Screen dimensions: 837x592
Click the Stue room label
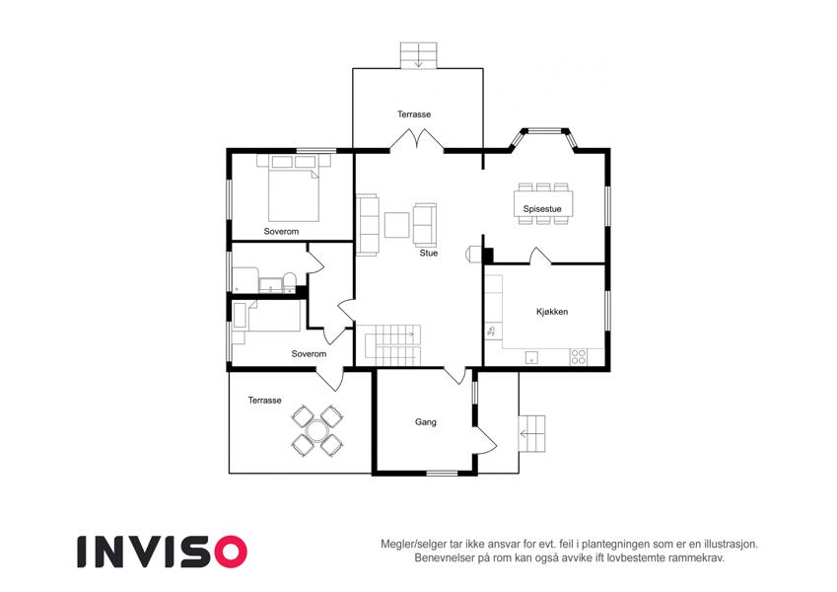(x=428, y=253)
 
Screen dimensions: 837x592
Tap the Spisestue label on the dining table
(x=542, y=209)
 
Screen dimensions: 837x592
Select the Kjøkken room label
(x=552, y=312)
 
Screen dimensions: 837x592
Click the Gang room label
(x=426, y=422)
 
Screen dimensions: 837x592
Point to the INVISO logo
(x=163, y=552)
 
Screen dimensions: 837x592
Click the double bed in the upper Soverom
(x=293, y=187)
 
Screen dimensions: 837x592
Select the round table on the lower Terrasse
(x=317, y=430)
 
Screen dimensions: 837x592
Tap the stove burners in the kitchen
(x=579, y=356)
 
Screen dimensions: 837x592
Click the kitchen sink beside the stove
(x=531, y=357)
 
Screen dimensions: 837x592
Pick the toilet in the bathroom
(x=289, y=282)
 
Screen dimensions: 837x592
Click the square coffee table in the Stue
(x=397, y=225)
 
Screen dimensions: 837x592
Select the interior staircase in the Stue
(x=392, y=345)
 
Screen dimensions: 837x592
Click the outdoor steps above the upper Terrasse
(x=419, y=55)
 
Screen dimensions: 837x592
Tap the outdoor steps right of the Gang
(x=531, y=433)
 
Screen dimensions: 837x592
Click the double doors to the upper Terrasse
(x=416, y=139)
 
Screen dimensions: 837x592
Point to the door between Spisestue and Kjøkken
(x=540, y=256)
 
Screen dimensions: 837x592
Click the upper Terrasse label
(x=414, y=114)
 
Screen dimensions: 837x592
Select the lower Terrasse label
(x=264, y=401)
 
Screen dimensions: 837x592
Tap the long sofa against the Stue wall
(x=368, y=224)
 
